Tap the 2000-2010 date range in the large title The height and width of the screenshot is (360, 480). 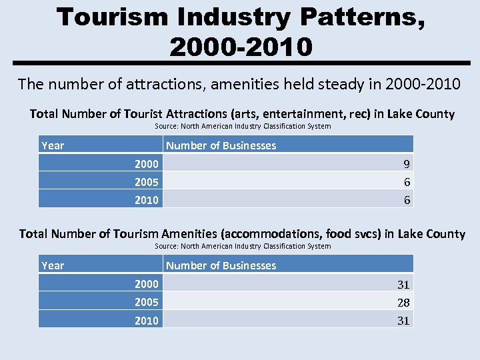pos(240,47)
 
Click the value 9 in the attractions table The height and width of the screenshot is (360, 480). pos(407,164)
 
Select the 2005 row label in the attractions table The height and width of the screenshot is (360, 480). pos(147,182)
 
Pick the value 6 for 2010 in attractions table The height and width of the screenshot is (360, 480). pos(407,200)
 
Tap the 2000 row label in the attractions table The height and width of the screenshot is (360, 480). pos(147,164)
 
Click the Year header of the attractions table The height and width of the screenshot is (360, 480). pos(53,145)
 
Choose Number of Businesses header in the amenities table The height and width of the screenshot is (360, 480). pos(221,265)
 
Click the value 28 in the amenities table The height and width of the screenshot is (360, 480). pos(403,303)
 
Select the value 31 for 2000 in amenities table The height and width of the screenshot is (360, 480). pos(403,285)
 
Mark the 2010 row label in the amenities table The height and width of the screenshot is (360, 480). pos(147,321)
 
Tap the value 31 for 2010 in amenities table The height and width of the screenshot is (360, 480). pos(403,321)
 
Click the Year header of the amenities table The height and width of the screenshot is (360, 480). pos(53,265)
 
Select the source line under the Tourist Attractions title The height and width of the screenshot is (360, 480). pos(243,126)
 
